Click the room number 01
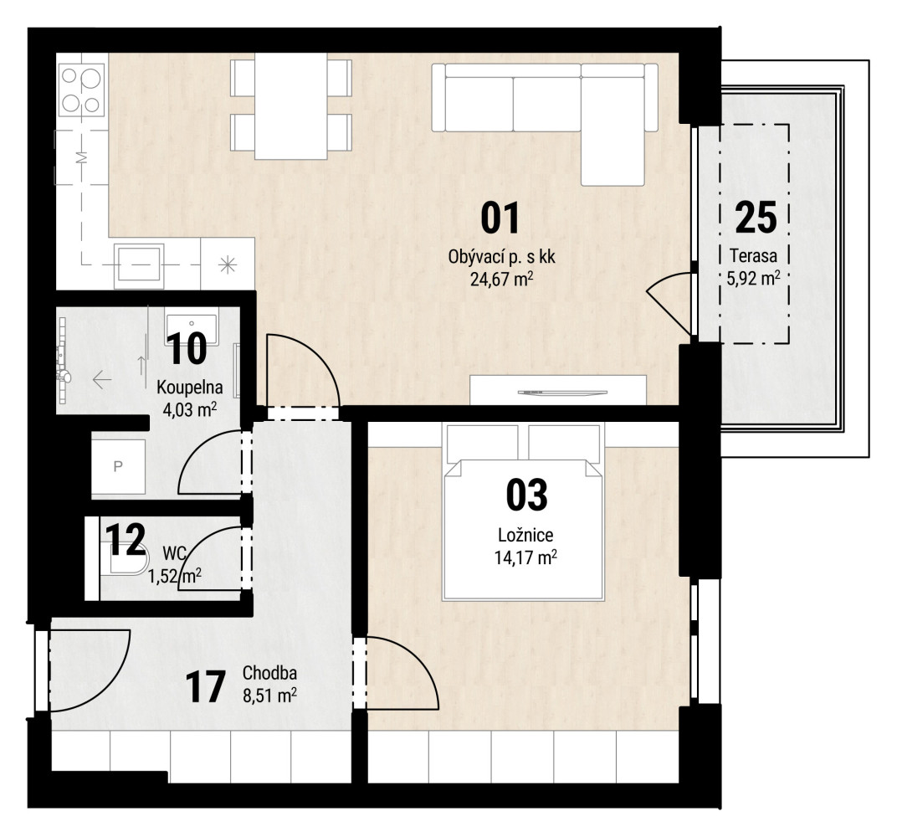[x=500, y=218]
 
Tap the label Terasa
[x=753, y=256]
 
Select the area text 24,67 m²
[x=502, y=280]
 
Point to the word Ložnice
[x=525, y=535]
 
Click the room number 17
[x=205, y=687]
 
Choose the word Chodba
[x=269, y=673]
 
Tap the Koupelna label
[x=189, y=388]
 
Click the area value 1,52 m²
[x=175, y=575]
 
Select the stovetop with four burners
[x=82, y=90]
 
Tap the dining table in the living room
[x=291, y=105]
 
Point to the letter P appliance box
[x=119, y=466]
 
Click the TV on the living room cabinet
[x=561, y=393]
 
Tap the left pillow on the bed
[x=474, y=444]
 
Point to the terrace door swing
[x=669, y=303]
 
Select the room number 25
[x=756, y=218]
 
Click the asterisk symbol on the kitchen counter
[x=227, y=264]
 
